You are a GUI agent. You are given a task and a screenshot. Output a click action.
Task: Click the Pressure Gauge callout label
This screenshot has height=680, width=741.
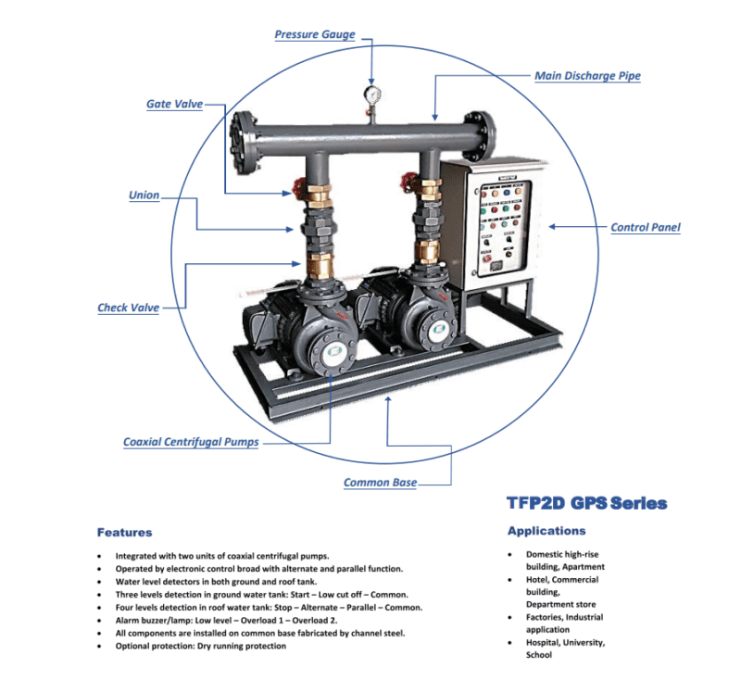click(314, 34)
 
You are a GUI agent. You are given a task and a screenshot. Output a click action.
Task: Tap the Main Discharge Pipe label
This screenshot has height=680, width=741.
click(587, 75)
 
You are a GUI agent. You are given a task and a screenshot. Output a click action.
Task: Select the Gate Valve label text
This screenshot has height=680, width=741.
click(174, 104)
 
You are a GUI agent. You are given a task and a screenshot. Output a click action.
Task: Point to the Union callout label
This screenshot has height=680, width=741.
click(144, 195)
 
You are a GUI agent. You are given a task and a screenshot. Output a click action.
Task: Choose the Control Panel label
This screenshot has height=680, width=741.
click(646, 227)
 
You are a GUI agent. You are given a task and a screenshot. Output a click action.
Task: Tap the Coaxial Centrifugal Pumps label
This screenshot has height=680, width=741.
click(191, 442)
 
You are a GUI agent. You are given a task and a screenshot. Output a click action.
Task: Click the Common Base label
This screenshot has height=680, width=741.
click(380, 483)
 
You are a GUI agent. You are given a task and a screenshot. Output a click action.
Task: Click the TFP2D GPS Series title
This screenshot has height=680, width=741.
click(586, 504)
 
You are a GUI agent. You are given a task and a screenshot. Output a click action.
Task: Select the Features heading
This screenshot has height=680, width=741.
click(124, 533)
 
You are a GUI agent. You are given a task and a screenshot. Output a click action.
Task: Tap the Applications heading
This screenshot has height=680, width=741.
click(546, 531)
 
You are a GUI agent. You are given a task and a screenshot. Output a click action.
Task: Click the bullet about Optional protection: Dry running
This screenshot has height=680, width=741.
click(201, 646)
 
